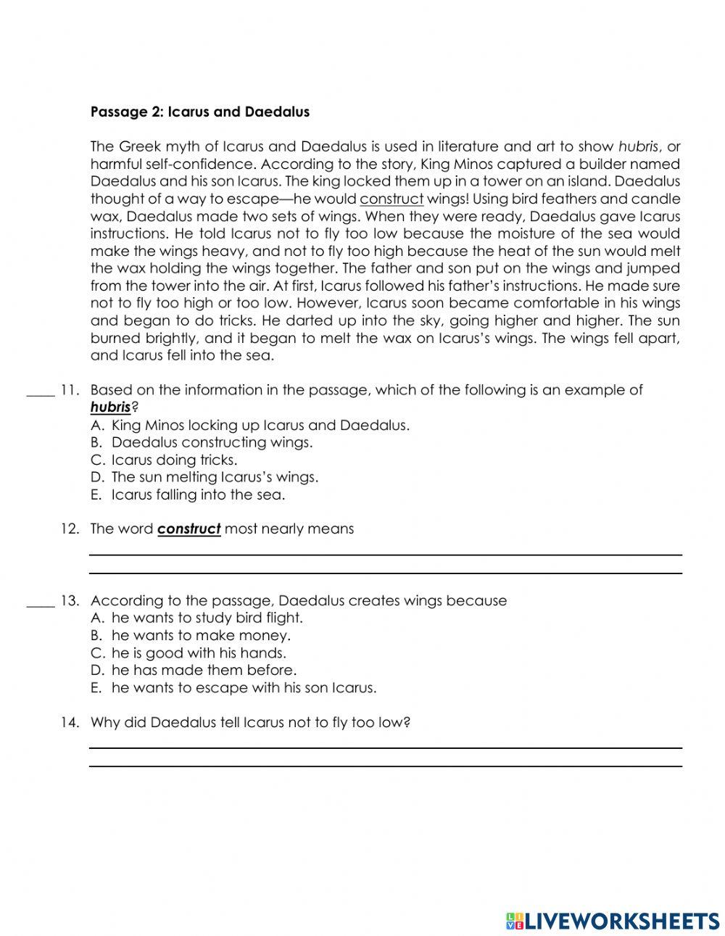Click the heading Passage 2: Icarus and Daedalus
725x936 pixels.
pyautogui.click(x=199, y=112)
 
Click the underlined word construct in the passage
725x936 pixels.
pyautogui.click(x=391, y=199)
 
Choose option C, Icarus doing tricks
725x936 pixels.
pyautogui.click(x=173, y=460)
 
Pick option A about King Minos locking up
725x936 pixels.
pyautogui.click(x=260, y=425)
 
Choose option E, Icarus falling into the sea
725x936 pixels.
pyautogui.click(x=197, y=494)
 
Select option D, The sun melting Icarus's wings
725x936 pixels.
pyautogui.click(x=214, y=477)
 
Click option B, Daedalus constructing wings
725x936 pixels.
pyautogui.click(x=211, y=442)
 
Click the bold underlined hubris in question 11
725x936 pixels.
pyautogui.click(x=110, y=407)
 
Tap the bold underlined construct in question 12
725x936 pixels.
pyautogui.click(x=188, y=529)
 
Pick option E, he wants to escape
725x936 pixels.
pyautogui.click(x=243, y=687)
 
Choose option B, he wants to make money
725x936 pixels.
pyautogui.click(x=200, y=635)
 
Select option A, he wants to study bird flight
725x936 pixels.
pyautogui.click(x=207, y=618)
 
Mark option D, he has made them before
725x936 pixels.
pyautogui.click(x=203, y=670)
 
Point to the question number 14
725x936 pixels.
pyautogui.click(x=70, y=723)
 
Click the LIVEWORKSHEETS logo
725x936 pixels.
pyautogui.click(x=612, y=921)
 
